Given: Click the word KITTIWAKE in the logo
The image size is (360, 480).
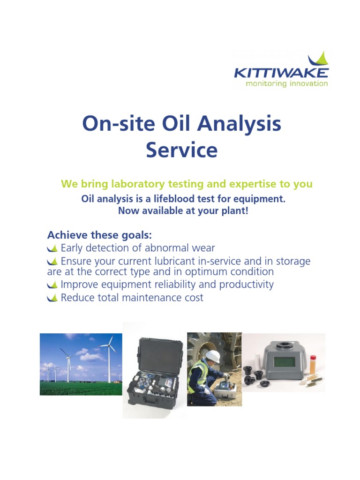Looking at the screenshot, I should pos(281,73).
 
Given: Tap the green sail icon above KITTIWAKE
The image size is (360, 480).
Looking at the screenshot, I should pos(319,60).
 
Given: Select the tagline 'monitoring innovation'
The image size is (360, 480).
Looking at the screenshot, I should pos(287,84).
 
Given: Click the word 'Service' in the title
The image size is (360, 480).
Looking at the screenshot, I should pos(181,150).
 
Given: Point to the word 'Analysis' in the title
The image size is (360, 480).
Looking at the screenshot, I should pos(240,124).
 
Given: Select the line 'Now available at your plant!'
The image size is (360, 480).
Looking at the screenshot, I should pos(183,211).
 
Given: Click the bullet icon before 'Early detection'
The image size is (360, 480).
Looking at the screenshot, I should pos(52,248).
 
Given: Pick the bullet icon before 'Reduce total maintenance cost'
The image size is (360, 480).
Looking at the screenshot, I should pos(52,298).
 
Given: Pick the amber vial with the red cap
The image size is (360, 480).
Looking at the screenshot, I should pos(313,364).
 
